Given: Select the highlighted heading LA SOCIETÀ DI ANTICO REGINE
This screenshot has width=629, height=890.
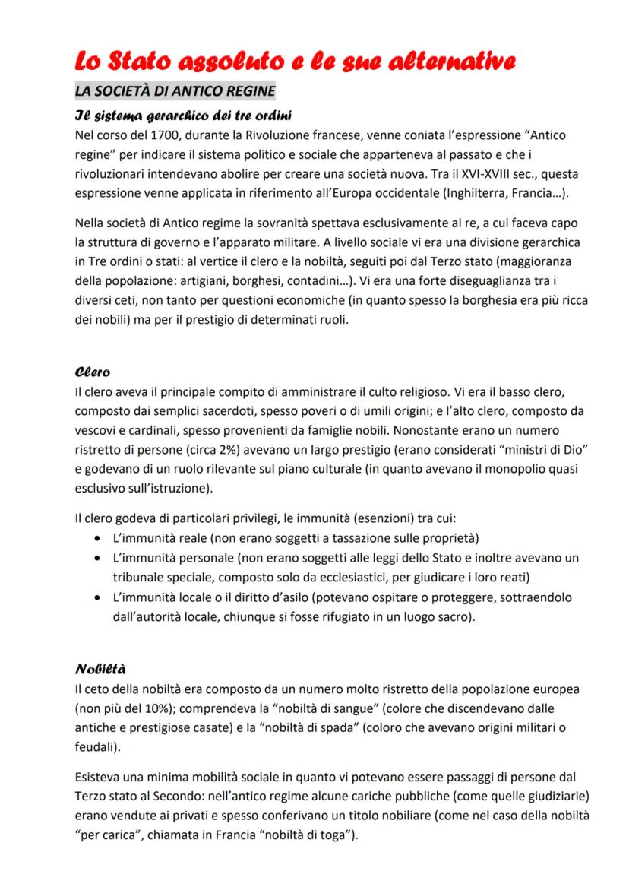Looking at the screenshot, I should [174, 91].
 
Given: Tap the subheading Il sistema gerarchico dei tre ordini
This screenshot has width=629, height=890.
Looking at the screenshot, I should [185, 116].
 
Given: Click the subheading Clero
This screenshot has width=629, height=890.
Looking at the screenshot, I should [93, 372].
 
